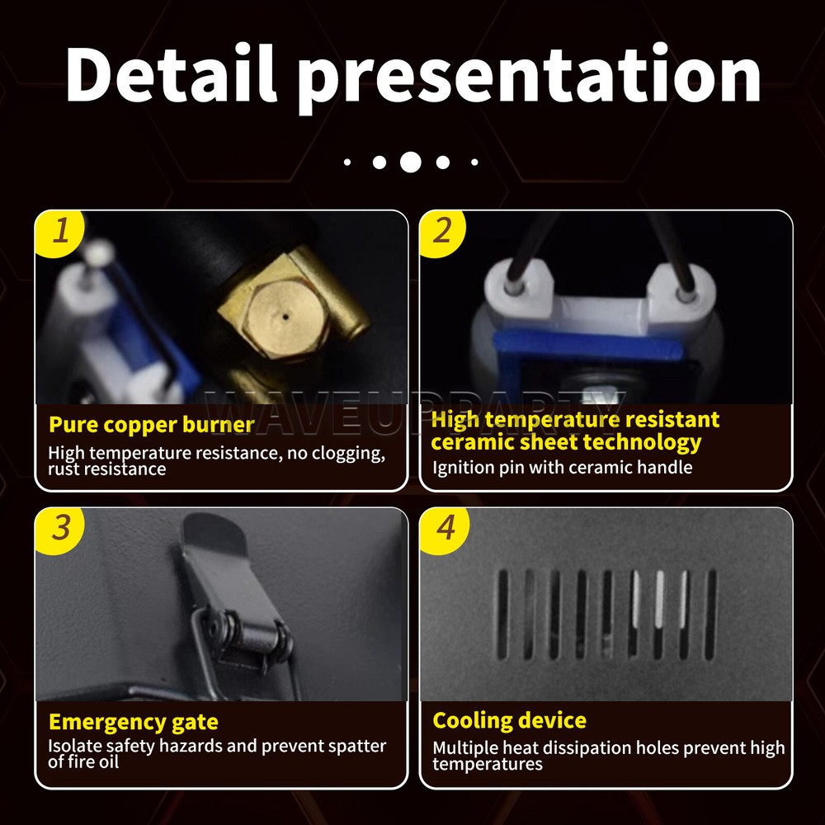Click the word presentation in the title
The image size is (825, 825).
click(x=529, y=79)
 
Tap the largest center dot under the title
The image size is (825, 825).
click(x=410, y=162)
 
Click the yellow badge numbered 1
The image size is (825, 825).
click(x=59, y=233)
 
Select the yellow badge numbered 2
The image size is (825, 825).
click(x=443, y=233)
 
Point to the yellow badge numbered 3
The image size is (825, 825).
click(x=59, y=530)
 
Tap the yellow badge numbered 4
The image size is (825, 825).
click(x=443, y=530)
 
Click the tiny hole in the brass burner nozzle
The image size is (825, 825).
click(x=285, y=317)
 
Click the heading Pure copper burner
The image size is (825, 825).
click(x=151, y=425)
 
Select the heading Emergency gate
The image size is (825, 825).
click(x=133, y=723)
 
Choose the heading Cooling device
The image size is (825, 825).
click(x=509, y=720)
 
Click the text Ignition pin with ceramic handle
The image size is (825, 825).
click(x=562, y=467)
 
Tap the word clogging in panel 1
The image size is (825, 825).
click(x=348, y=454)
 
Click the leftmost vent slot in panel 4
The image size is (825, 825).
click(x=503, y=615)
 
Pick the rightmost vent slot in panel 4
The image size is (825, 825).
click(x=710, y=615)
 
